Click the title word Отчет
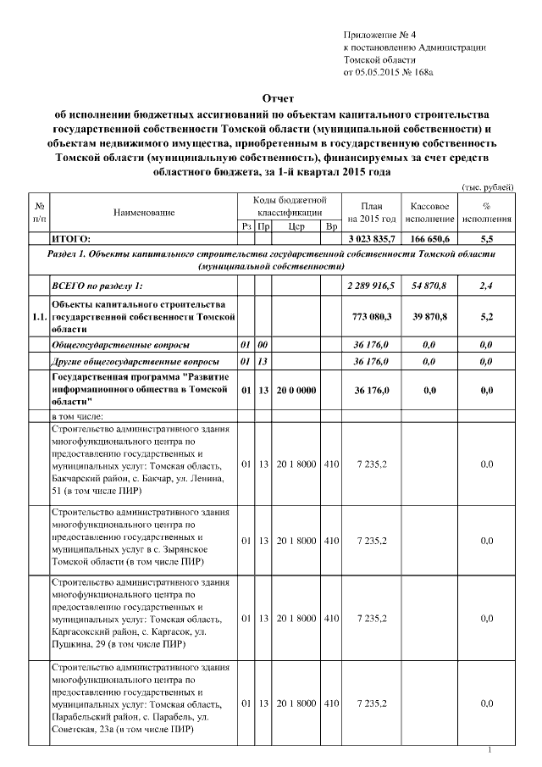coord(272,99)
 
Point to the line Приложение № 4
coord(379,34)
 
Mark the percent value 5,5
coord(486,240)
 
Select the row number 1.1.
coord(38,316)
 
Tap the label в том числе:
coord(77,416)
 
